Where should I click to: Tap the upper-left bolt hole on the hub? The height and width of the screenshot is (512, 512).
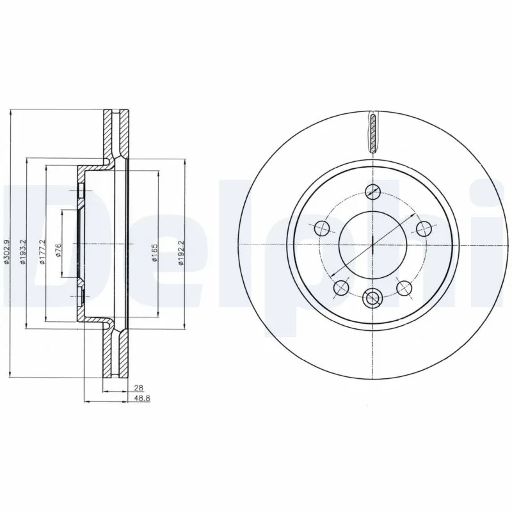(x=322, y=228)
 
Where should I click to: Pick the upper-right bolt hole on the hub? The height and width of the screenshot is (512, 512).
(x=423, y=228)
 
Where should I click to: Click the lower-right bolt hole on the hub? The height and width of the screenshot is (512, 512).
(x=403, y=287)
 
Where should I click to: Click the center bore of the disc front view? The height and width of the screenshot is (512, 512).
(x=372, y=245)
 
